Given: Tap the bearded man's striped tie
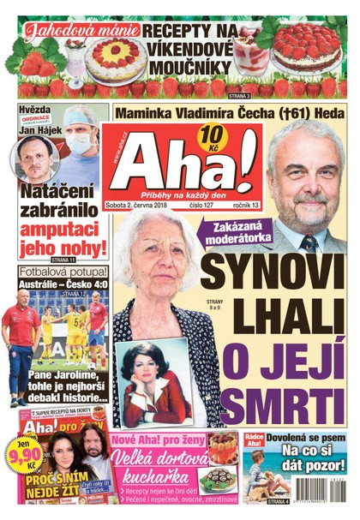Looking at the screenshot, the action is (308, 242).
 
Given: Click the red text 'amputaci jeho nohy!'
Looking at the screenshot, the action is (63, 237).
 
